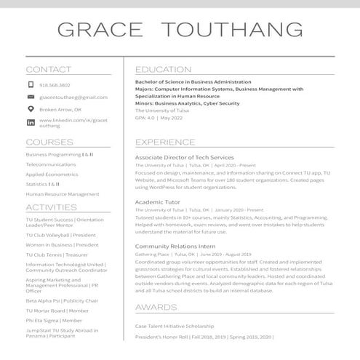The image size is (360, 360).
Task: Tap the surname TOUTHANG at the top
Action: click(x=231, y=30)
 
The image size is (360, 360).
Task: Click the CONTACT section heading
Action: click(x=49, y=70)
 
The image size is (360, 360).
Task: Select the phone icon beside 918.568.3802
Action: click(x=31, y=85)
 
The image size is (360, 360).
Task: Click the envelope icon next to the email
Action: click(x=31, y=97)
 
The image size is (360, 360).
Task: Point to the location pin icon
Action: click(x=31, y=109)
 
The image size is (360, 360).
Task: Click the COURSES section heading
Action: click(x=49, y=142)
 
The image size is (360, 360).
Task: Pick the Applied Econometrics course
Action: click(x=52, y=175)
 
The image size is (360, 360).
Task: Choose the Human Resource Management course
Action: click(x=63, y=194)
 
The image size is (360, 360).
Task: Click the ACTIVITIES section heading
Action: click(x=51, y=208)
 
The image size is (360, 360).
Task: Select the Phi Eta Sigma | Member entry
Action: click(x=54, y=320)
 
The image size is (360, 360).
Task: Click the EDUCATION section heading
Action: click(x=163, y=70)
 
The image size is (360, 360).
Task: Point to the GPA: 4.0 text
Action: click(x=145, y=117)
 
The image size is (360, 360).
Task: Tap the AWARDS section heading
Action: click(x=156, y=308)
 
